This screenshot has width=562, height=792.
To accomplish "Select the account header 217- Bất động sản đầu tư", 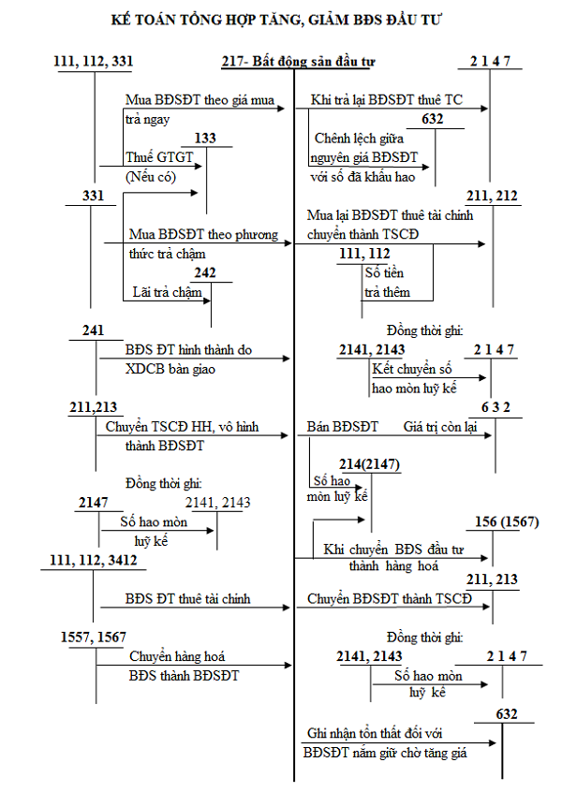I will tap(298, 62).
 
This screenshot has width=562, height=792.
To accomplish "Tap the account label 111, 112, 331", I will tap(94, 62).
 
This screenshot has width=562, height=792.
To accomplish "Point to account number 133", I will tap(205, 139).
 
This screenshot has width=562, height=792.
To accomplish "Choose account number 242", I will tap(205, 273).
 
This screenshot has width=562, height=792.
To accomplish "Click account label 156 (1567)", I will tap(506, 521).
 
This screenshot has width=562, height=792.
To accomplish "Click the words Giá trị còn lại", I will tap(440, 427).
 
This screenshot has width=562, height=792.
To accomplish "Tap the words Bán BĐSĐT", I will tap(342, 427).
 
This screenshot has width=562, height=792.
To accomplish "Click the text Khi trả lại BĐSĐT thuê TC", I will tap(386, 100).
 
